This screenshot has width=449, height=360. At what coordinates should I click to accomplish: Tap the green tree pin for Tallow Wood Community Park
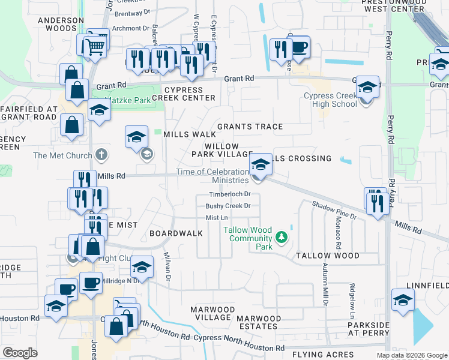pos(280,239)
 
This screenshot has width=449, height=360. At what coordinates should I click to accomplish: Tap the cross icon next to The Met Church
pos(101,155)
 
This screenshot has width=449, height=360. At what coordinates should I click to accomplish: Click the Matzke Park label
pos(128,100)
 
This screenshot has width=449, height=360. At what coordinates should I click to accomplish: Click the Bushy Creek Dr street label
pos(228,206)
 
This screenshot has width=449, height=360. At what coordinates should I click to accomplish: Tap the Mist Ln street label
pos(217,218)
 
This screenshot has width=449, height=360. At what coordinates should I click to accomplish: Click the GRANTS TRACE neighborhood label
pos(250,127)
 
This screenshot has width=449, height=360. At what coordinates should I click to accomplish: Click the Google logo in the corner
pos(20,353)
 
